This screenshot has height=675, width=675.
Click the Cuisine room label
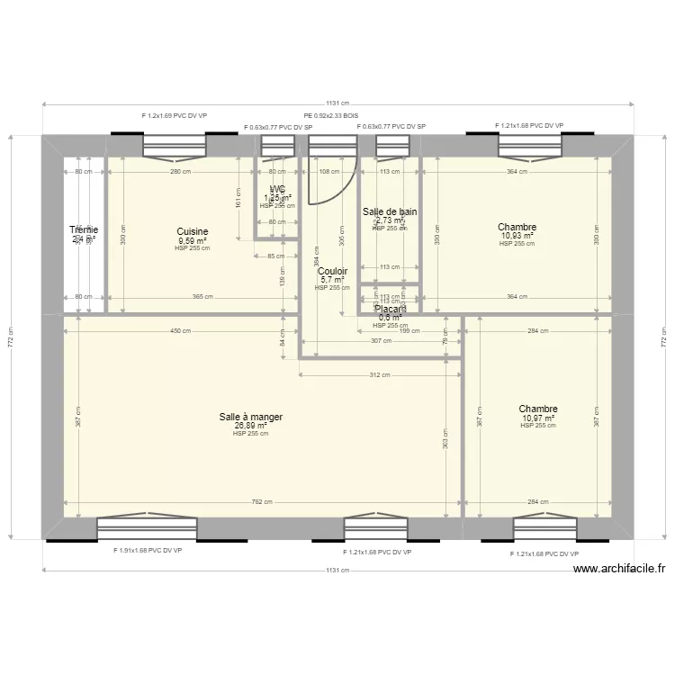(193, 231)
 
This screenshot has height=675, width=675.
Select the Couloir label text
(332, 270)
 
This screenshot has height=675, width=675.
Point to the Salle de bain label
(390, 212)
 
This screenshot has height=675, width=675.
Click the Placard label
(391, 309)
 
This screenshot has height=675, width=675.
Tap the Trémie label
(85, 230)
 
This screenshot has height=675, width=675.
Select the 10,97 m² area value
(538, 418)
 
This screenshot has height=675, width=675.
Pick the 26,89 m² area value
(250, 426)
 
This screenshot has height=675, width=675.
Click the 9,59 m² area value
(193, 241)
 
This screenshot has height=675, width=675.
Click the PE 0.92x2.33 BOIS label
(330, 116)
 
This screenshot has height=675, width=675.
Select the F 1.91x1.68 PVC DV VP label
(148, 551)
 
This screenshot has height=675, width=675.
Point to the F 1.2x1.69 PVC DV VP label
(175, 116)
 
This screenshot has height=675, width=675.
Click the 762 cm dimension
(262, 502)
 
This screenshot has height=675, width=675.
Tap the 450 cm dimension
(181, 331)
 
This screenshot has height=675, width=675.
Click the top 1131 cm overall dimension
(337, 103)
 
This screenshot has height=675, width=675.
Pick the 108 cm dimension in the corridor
(329, 171)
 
